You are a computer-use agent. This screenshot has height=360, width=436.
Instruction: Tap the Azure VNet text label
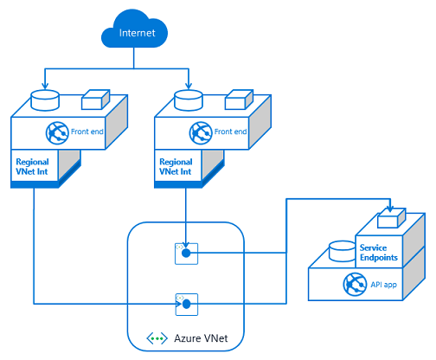[201, 338]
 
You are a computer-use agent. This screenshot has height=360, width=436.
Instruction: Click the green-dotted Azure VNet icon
[157, 338]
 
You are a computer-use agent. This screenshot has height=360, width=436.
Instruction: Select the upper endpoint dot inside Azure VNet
[186, 254]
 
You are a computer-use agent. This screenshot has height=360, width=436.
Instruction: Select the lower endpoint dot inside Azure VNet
[187, 304]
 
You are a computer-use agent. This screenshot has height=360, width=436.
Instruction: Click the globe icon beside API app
[355, 284]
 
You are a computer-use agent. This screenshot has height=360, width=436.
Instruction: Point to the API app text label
[384, 285]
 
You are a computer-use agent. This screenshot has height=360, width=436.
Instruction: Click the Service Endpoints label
[379, 253]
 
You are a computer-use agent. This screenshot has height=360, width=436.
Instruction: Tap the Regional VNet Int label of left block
[32, 166]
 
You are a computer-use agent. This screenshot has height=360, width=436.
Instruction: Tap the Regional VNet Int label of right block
[176, 166]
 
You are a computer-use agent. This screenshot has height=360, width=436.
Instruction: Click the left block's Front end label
[87, 132]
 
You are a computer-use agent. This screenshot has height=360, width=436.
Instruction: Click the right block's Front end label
[230, 132]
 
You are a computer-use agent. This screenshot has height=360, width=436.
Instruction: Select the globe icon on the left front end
[57, 133]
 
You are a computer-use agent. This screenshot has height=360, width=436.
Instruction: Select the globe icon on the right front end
[201, 133]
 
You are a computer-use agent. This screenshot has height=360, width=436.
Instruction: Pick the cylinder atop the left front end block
[45, 100]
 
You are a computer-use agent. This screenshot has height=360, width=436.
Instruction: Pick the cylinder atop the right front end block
[189, 100]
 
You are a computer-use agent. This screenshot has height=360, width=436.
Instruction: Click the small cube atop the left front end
[95, 100]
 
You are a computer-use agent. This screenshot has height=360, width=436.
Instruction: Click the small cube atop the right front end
[239, 100]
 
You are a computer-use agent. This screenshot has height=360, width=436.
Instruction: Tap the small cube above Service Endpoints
[392, 218]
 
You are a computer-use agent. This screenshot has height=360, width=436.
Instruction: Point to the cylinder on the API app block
[343, 251]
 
